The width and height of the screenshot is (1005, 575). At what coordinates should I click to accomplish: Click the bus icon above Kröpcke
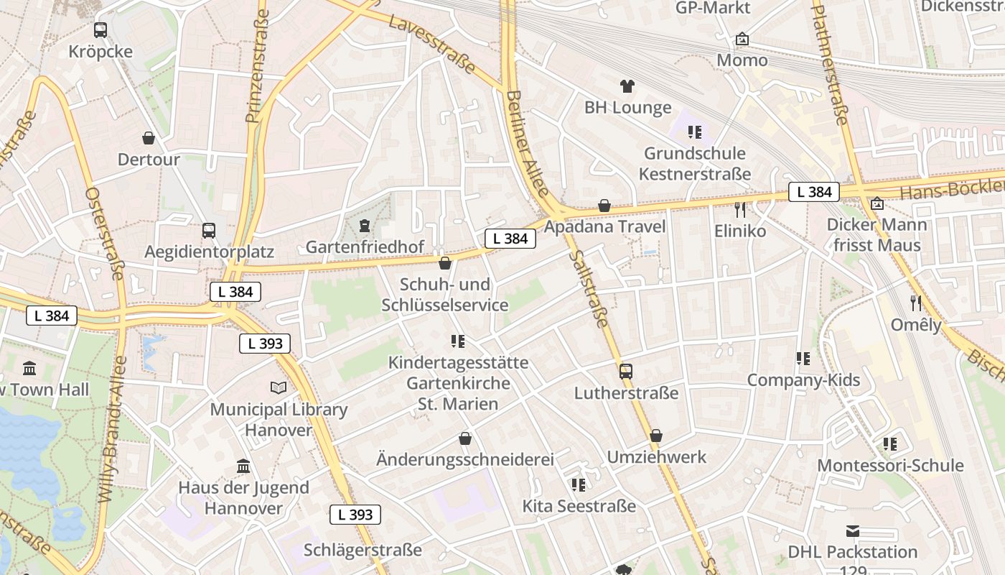[100, 30]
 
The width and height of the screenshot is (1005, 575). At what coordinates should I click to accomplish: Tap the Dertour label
[149, 160]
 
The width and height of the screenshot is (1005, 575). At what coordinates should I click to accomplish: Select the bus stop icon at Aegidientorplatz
[209, 231]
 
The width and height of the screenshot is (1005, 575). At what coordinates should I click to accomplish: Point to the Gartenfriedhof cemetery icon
[364, 226]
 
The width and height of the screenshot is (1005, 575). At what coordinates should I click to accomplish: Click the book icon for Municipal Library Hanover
[279, 388]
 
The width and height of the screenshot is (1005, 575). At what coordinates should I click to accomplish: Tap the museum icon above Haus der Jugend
[243, 466]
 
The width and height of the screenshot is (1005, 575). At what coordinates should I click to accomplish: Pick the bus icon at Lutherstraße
[626, 372]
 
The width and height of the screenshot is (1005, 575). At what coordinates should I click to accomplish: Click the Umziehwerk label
[657, 457]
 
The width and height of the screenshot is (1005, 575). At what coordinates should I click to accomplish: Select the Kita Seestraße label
[579, 506]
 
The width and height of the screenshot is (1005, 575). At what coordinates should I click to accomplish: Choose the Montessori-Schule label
[890, 465]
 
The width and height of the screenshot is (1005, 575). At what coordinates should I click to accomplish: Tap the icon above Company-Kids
[803, 358]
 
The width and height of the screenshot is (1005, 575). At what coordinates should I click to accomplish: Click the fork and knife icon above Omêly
[916, 303]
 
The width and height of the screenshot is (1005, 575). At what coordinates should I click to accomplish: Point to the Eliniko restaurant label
[740, 231]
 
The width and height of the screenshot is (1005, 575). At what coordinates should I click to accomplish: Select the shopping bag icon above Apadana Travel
[604, 206]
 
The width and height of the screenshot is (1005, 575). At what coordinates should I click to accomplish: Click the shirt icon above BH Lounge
[627, 86]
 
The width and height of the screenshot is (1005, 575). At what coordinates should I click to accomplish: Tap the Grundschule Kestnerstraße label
[694, 164]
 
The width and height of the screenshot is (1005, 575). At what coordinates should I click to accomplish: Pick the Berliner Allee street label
[528, 143]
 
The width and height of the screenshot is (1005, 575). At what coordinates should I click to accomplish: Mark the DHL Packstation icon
[853, 531]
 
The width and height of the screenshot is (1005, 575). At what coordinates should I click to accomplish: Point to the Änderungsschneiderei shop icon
[465, 438]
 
